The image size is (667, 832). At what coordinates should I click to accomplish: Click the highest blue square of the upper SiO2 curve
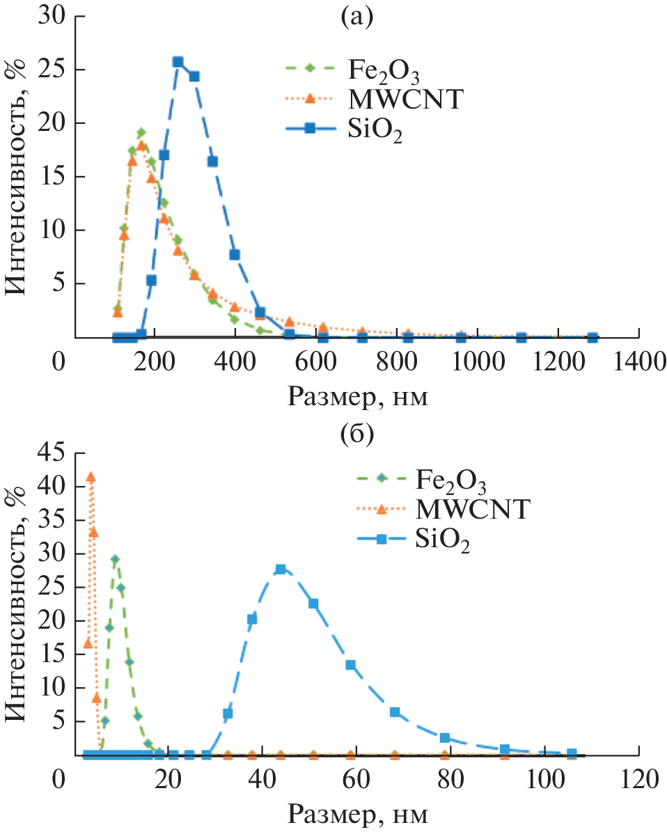click(178, 62)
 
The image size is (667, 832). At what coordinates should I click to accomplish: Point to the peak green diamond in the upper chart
click(141, 132)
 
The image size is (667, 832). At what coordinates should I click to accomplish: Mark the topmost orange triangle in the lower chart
click(91, 477)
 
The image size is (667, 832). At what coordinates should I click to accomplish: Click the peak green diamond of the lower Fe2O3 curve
click(115, 559)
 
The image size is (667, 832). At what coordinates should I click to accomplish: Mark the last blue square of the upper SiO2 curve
click(593, 338)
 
